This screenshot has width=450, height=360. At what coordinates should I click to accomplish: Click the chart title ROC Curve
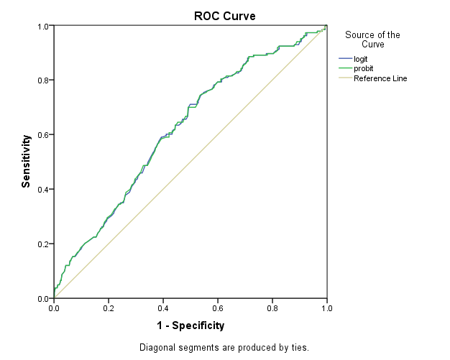pyautogui.click(x=224, y=16)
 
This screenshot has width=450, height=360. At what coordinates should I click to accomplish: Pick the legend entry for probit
pyautogui.click(x=363, y=68)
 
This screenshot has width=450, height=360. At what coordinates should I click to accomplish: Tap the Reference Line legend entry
pyautogui.click(x=380, y=78)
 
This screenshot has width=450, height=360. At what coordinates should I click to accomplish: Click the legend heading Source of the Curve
pyautogui.click(x=372, y=40)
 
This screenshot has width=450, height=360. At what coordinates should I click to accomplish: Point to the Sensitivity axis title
pyautogui.click(x=27, y=161)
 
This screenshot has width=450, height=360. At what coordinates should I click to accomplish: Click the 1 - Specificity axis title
pyautogui.click(x=190, y=326)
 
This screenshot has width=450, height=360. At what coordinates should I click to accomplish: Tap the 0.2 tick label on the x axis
pyautogui.click(x=108, y=308)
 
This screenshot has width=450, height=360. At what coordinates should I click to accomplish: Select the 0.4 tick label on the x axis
pyautogui.click(x=162, y=308)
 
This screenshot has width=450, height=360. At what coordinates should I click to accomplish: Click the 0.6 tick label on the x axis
pyautogui.click(x=217, y=308)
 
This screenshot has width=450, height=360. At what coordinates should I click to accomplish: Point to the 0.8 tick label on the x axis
pyautogui.click(x=272, y=308)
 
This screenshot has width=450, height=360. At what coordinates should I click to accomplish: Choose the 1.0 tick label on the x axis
pyautogui.click(x=326, y=308)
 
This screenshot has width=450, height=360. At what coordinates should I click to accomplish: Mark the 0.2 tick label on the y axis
pyautogui.click(x=43, y=244)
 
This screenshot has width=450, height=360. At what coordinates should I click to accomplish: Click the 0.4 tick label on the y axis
pyautogui.click(x=43, y=190)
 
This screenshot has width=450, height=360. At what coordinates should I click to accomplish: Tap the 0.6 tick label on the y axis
pyautogui.click(x=43, y=135)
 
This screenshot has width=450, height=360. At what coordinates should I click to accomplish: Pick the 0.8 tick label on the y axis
pyautogui.click(x=43, y=80)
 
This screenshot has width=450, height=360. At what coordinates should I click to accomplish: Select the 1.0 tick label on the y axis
pyautogui.click(x=43, y=27)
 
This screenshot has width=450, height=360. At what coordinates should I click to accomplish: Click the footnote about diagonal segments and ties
pyautogui.click(x=224, y=348)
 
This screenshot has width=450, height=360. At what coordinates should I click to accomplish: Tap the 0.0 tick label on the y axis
pyautogui.click(x=43, y=298)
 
